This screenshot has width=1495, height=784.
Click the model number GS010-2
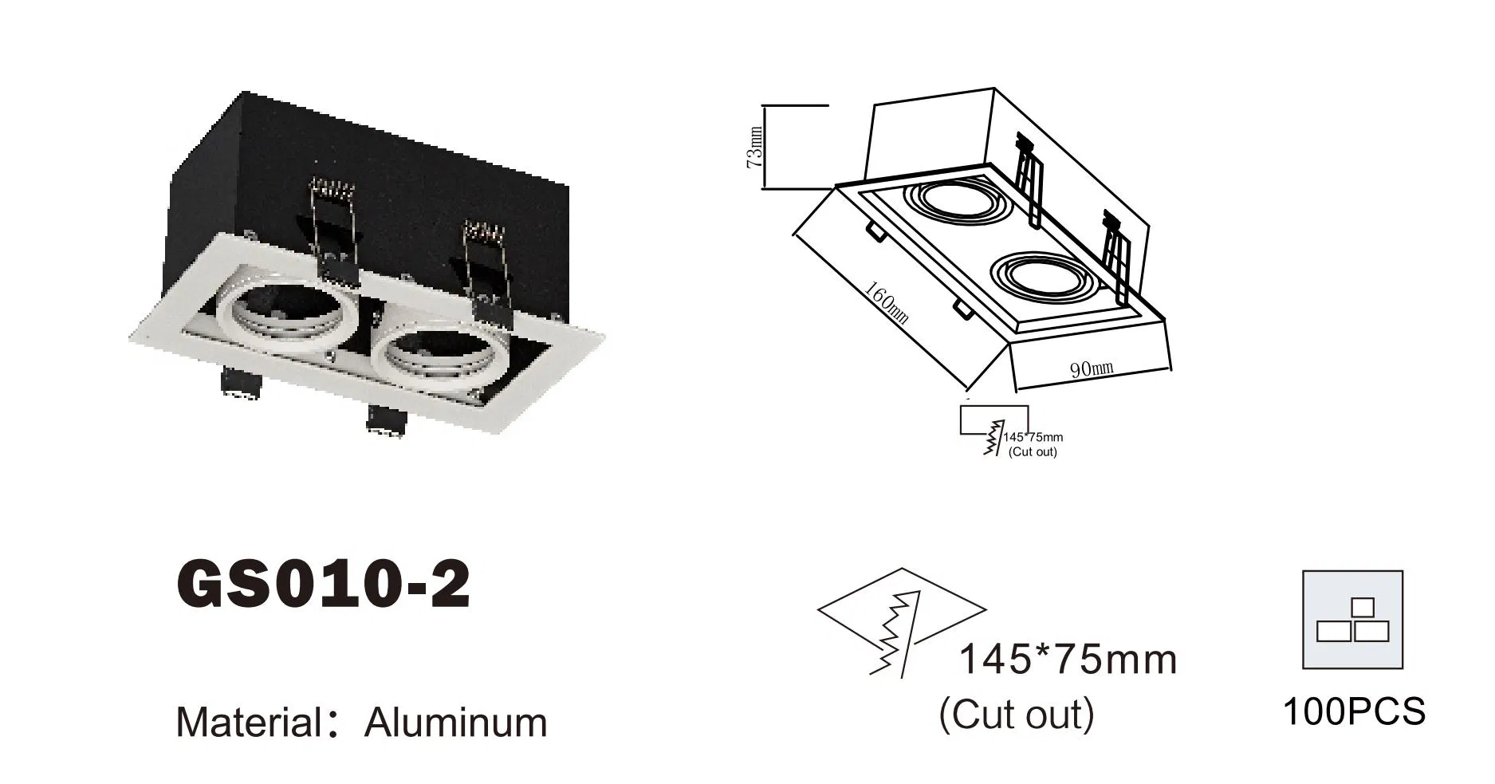(323, 585)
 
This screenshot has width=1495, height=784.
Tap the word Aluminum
(455, 723)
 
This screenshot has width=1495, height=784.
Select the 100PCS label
(1353, 711)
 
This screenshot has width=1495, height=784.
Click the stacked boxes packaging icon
(1352, 620)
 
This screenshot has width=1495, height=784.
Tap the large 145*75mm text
(1067, 660)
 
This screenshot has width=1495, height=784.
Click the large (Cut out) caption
(1016, 714)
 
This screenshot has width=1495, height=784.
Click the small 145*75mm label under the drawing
(1033, 437)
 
